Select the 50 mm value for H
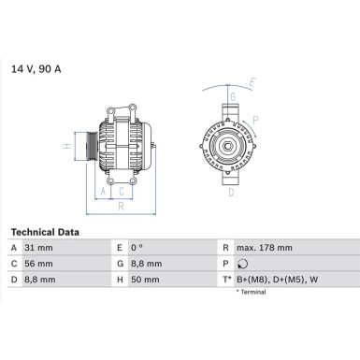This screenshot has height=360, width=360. tap(147, 280)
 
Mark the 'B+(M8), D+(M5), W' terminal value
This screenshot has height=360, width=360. tap(277, 280)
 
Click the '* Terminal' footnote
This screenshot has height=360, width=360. tap(252, 293)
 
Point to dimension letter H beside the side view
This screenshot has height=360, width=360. tap(67, 146)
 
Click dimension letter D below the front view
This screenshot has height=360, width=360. tap(231, 194)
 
